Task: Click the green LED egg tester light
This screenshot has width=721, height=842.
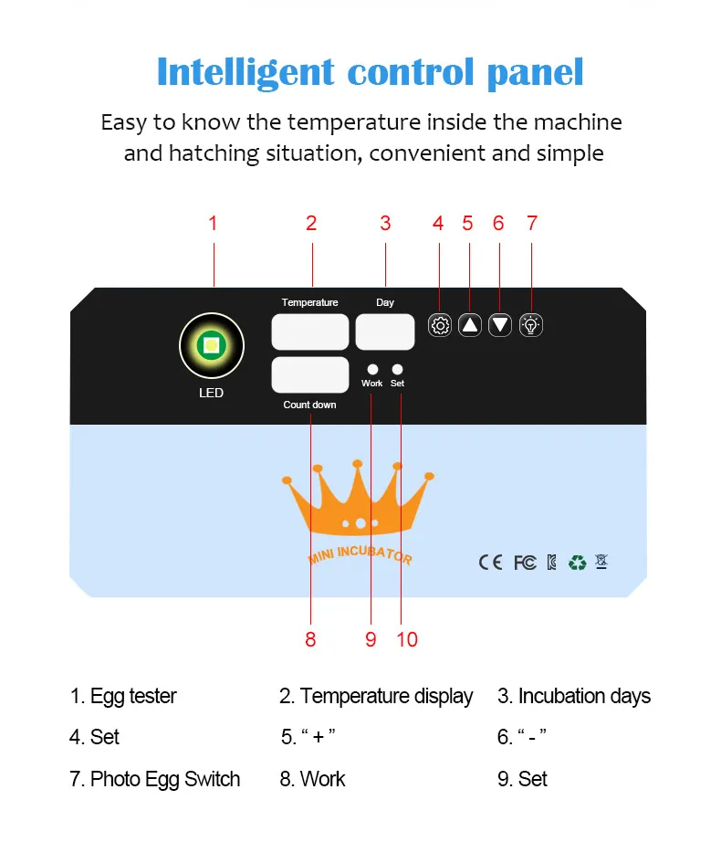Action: click(x=212, y=344)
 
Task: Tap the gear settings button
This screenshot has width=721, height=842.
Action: click(x=440, y=325)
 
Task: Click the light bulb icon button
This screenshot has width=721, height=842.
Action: click(x=531, y=325)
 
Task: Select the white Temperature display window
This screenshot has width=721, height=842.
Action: click(x=310, y=332)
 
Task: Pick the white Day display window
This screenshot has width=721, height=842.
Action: click(x=385, y=332)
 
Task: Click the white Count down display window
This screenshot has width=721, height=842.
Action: click(x=310, y=374)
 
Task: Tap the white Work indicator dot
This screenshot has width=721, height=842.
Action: click(x=372, y=369)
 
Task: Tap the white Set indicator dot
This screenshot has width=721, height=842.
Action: click(x=398, y=369)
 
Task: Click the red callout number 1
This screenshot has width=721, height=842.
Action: click(x=213, y=223)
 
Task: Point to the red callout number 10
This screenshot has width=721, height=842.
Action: click(x=407, y=639)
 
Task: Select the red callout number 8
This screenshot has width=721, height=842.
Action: click(x=310, y=639)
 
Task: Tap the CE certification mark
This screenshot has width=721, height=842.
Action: click(x=490, y=562)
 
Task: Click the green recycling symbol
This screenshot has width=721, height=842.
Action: click(x=577, y=562)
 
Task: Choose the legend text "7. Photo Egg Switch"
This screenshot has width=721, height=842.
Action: click(x=155, y=779)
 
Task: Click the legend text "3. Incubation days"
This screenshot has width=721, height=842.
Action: click(x=574, y=696)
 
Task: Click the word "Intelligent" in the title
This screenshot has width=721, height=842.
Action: click(x=244, y=71)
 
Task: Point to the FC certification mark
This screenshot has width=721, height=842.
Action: click(x=525, y=562)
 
